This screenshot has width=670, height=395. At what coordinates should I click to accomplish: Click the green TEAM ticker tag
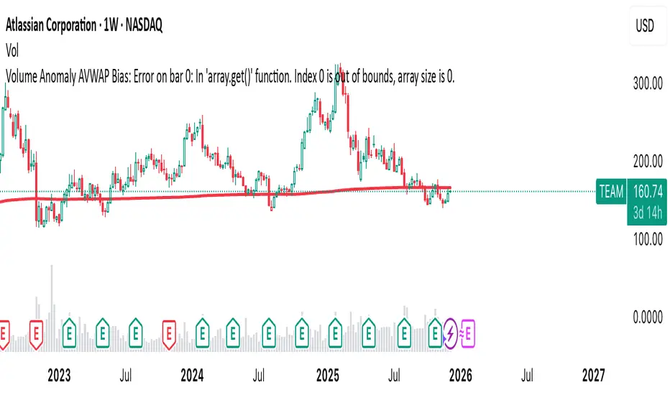pos(611,191)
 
